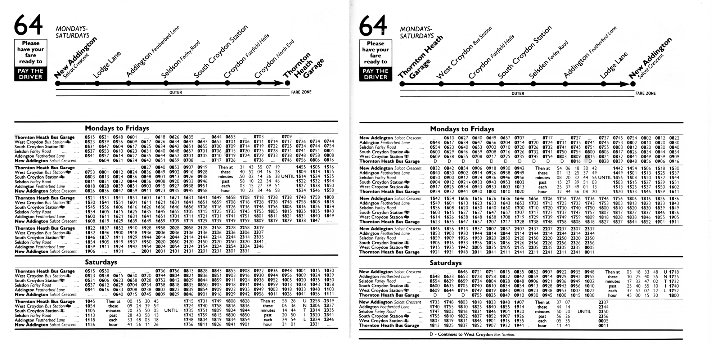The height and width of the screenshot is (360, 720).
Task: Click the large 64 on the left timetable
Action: [28, 25]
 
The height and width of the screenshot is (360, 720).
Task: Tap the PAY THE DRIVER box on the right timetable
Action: [375, 74]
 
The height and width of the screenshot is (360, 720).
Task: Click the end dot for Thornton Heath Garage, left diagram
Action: [287, 83]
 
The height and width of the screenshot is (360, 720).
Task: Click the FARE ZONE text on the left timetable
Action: [301, 92]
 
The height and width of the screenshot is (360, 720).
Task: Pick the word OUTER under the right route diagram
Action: [518, 94]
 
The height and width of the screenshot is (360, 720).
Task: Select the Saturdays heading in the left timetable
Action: [101, 262]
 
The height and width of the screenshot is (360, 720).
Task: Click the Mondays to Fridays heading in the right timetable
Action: [462, 129]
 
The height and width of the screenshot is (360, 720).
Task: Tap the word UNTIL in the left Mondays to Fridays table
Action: [288, 176]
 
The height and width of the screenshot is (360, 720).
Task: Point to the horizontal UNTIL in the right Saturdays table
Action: [584, 311]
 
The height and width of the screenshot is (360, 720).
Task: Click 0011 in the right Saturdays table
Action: [603, 325]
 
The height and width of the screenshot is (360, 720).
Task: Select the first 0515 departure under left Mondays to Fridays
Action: [90, 137]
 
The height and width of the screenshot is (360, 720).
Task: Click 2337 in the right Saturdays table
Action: [603, 302]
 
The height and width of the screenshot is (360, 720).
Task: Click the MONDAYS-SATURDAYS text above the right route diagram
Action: [417, 32]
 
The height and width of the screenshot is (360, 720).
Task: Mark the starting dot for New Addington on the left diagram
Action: [58, 83]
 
